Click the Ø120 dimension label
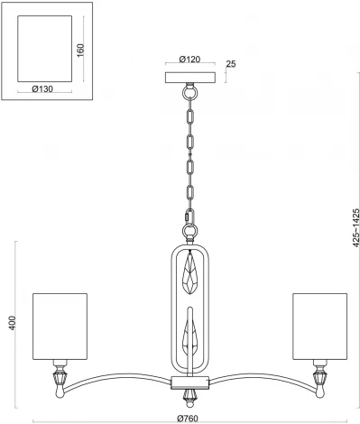coord(189,59)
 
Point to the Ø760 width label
coord(189,417)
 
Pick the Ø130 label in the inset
coord(42,88)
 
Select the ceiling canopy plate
coord(189,77)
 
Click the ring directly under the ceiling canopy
coord(189,91)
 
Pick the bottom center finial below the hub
coord(189,394)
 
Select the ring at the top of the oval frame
coord(189,231)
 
